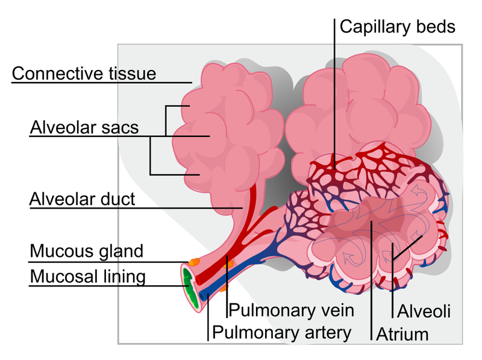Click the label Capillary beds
(397, 27)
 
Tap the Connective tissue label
(84, 74)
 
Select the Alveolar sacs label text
(84, 128)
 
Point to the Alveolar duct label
(83, 200)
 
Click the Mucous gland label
(87, 251)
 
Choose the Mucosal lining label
(88, 277)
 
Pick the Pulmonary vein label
(290, 311)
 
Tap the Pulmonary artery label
(282, 332)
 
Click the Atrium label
(402, 333)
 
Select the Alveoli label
(424, 311)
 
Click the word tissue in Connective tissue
(131, 74)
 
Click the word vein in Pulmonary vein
(333, 311)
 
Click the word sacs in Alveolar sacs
(120, 128)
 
